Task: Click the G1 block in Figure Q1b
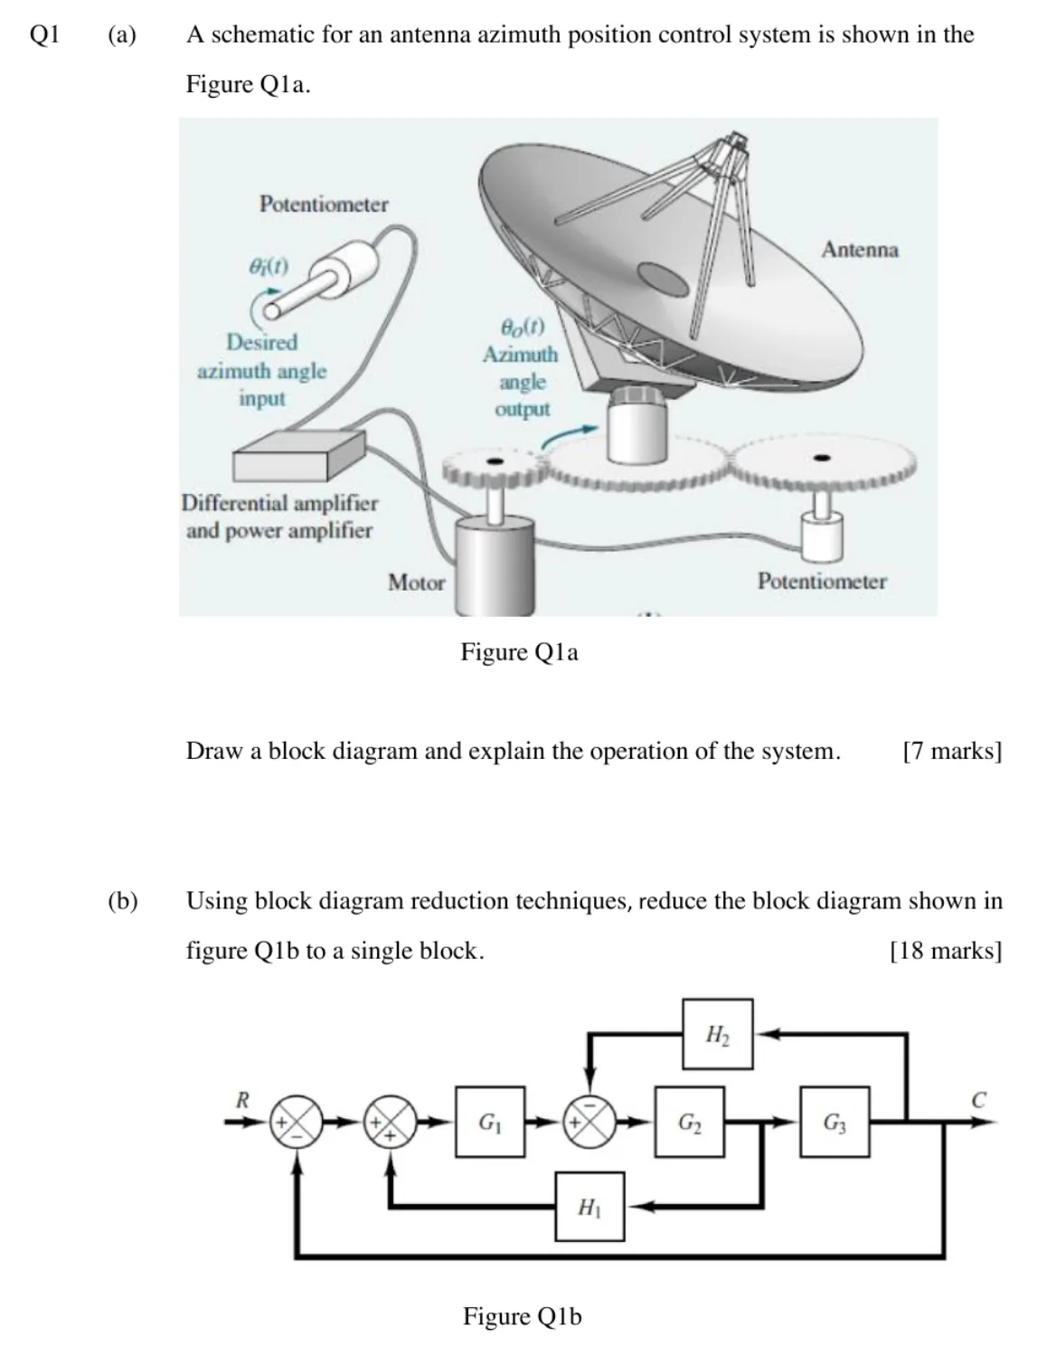click(x=490, y=1122)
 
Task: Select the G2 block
click(x=690, y=1122)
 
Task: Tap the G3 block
click(x=835, y=1122)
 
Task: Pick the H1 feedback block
click(x=589, y=1207)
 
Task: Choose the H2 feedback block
click(x=718, y=1034)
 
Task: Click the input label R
click(x=242, y=1100)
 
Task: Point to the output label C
click(x=978, y=1100)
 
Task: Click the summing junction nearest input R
click(x=297, y=1122)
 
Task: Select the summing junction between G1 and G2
click(x=589, y=1122)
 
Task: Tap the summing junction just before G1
click(x=391, y=1122)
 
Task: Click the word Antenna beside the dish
click(x=860, y=250)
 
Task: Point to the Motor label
click(x=416, y=583)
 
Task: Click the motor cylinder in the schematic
click(x=495, y=566)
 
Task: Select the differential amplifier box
click(x=299, y=456)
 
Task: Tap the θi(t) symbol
click(x=269, y=267)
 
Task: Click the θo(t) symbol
click(x=523, y=327)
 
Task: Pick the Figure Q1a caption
click(x=519, y=652)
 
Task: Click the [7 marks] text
click(x=952, y=751)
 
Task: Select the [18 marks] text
click(x=947, y=951)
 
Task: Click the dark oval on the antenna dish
click(x=663, y=279)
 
